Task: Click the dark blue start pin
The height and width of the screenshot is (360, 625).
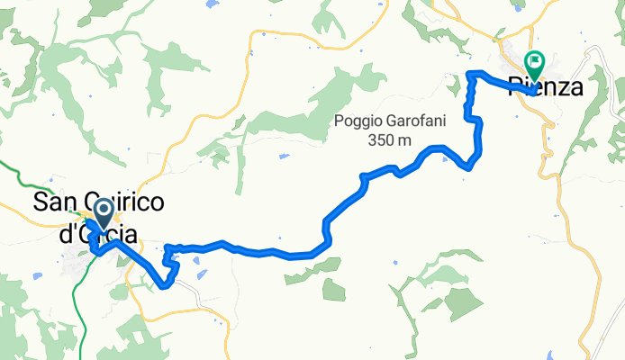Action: click(102, 213)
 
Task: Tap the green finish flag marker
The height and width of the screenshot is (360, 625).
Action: click(534, 63)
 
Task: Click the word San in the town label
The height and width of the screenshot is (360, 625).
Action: click(53, 202)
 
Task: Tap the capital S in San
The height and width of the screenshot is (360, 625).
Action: click(41, 202)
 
